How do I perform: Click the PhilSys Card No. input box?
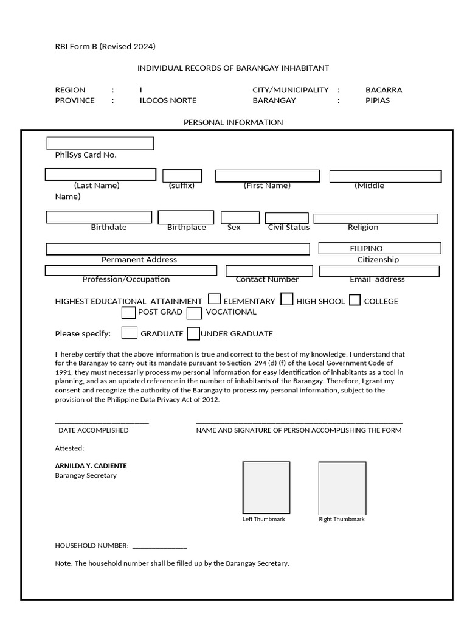pos(100,144)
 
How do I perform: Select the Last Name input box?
pos(100,175)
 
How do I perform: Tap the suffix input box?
pos(182,176)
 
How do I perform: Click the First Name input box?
pos(268,176)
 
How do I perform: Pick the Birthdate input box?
pos(99,217)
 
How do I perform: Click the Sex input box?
pos(232,217)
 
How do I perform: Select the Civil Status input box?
pos(287,218)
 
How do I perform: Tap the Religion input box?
pos(376,218)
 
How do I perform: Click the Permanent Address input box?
pos(178,249)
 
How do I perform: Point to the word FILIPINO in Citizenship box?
pos(366,248)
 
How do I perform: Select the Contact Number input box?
pos(269,271)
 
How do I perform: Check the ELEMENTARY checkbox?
pos(215,299)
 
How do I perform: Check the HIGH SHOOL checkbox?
pos(287,299)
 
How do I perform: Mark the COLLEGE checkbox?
pos(355,300)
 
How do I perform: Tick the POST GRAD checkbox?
pos(128,313)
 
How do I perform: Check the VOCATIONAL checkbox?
pos(195,314)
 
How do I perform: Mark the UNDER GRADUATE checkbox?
pos(193,334)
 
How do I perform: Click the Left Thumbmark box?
pos(266,488)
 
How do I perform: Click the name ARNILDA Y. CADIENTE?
pos(91,466)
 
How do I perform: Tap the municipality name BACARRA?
pos(384,90)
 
